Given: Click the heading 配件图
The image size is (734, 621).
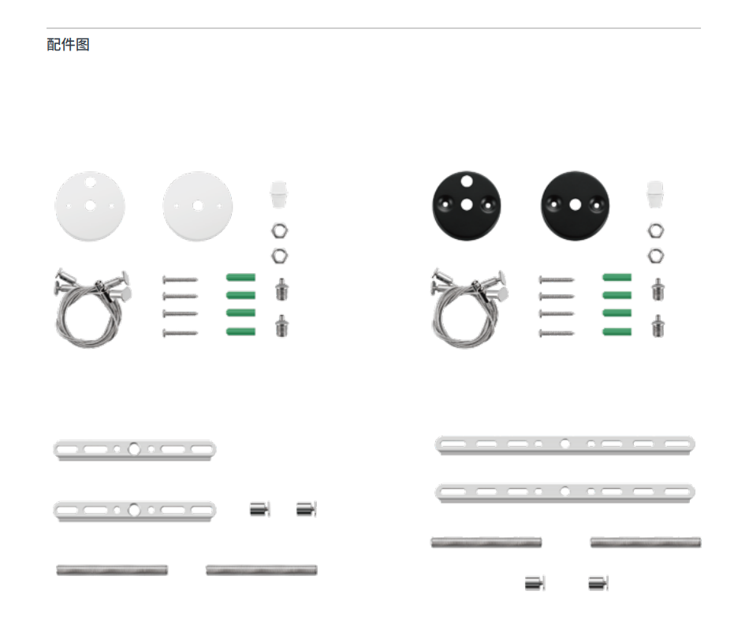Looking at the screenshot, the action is [x=68, y=44].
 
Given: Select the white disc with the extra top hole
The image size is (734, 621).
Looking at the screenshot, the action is [x=90, y=206].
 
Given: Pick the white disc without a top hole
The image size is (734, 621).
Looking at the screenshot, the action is [x=198, y=206].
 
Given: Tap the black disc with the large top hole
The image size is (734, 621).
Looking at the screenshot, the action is [x=466, y=205].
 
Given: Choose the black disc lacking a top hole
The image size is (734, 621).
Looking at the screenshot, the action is [x=576, y=205].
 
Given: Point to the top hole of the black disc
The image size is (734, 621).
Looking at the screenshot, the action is [x=466, y=181].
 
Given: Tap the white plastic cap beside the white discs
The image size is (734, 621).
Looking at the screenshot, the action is [x=278, y=194].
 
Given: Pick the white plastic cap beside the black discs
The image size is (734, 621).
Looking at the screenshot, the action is [x=655, y=194].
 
